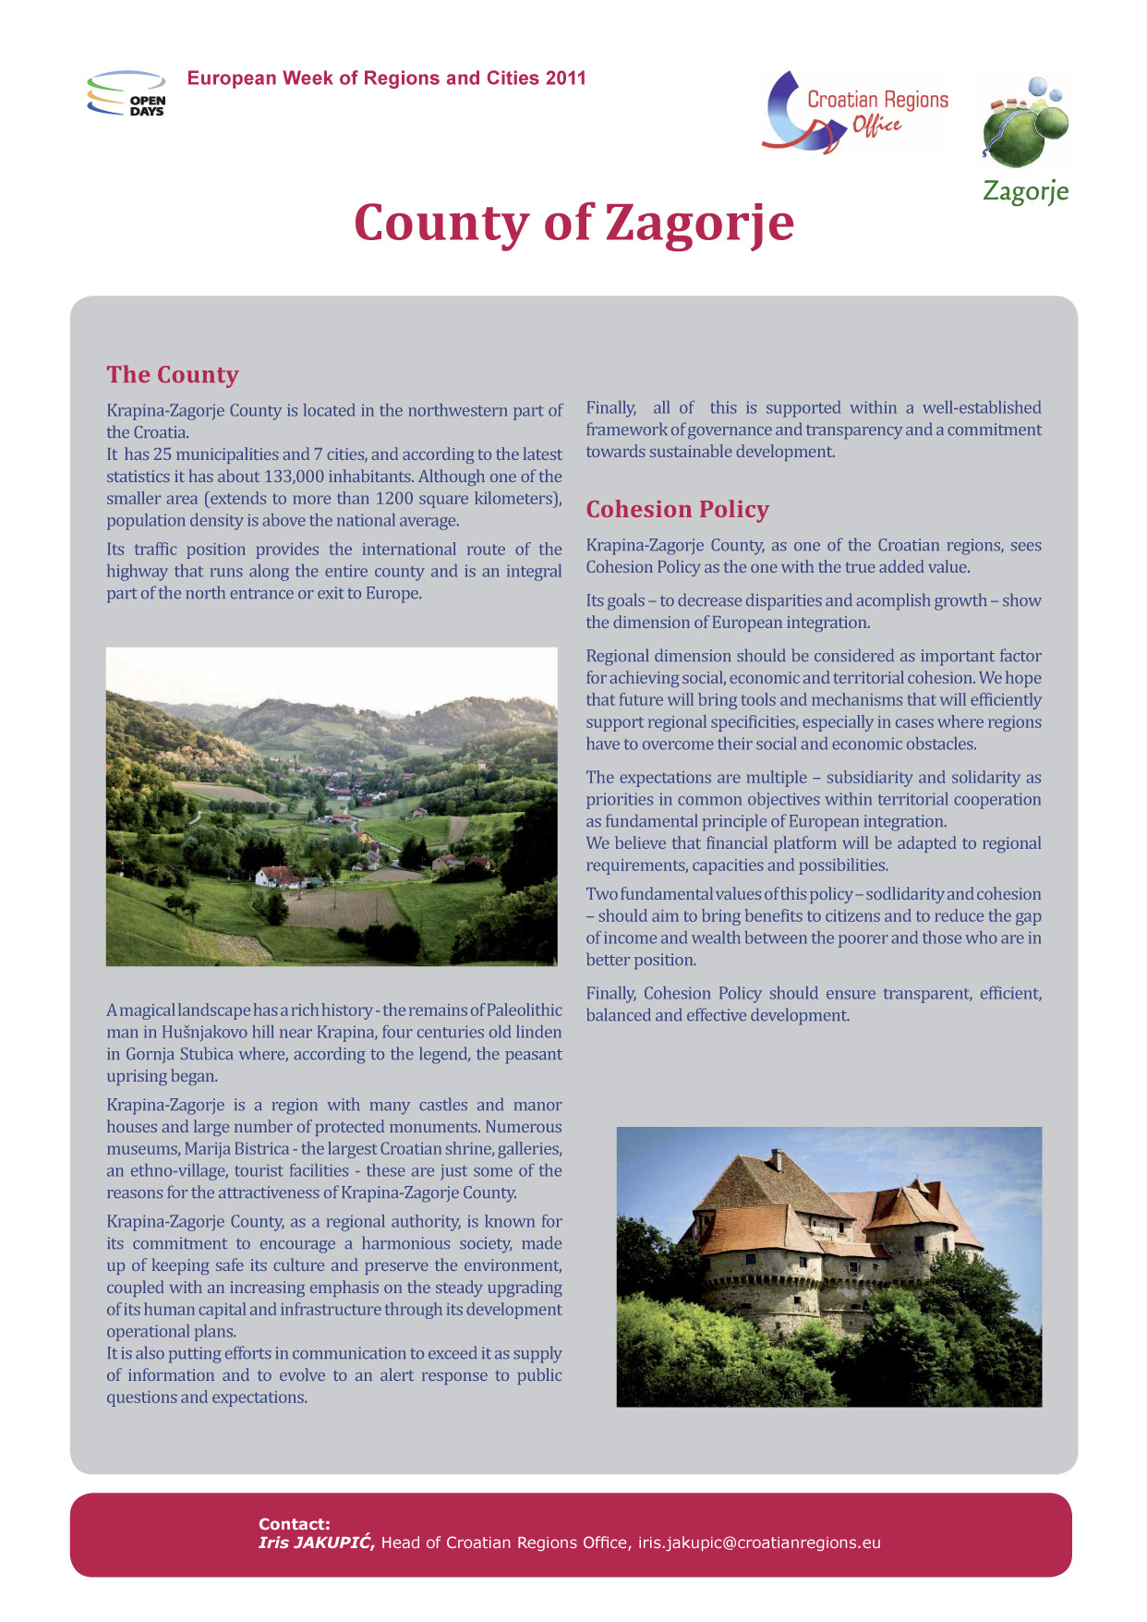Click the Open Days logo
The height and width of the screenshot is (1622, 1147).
tap(127, 93)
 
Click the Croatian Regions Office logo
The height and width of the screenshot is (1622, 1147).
tap(856, 112)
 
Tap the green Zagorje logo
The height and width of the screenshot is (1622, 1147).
tap(1026, 139)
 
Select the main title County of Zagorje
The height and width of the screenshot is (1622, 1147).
tap(573, 223)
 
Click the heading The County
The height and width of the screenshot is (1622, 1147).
tap(173, 374)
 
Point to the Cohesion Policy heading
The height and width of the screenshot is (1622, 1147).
tap(677, 509)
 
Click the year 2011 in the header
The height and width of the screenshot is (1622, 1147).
tap(565, 79)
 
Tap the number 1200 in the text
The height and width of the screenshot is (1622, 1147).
tap(394, 499)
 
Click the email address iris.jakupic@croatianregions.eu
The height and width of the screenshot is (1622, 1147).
tap(759, 1543)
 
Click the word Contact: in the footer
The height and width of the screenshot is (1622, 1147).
tap(294, 1524)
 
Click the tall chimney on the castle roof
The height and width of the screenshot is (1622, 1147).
tap(778, 1160)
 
